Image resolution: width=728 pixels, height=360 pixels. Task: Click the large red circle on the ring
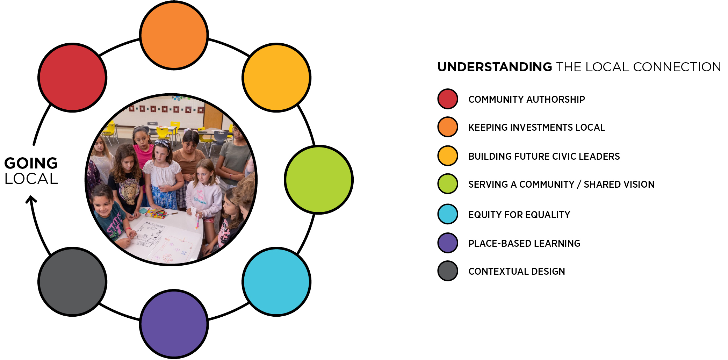pos(72,78)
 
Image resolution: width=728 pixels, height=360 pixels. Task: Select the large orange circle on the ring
pos(174,35)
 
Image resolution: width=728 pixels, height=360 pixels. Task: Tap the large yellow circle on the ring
pos(276,78)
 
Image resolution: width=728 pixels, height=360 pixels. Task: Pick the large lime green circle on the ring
pos(319,180)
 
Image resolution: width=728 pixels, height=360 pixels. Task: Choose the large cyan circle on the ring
pos(276,282)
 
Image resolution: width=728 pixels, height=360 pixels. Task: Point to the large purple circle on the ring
pos(174,324)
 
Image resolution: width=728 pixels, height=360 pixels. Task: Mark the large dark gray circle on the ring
pos(72,282)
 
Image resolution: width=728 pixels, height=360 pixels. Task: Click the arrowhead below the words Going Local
pos(31,199)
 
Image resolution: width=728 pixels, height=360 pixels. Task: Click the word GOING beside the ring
pos(31,163)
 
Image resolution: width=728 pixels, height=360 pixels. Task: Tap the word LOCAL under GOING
pos(31,179)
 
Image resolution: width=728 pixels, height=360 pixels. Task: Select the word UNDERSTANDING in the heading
pos(495,67)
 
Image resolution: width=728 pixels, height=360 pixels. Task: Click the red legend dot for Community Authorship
pos(448,99)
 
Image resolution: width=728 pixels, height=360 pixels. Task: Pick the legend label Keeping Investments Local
pos(536,127)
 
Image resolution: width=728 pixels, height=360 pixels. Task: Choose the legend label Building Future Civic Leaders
pos(544,156)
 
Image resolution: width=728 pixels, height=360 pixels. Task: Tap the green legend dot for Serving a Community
pos(448,183)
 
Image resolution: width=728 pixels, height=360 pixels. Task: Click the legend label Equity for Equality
pos(519,215)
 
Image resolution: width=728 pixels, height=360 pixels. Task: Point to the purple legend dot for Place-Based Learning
pos(448,243)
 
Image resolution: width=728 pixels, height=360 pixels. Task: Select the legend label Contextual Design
pos(517,271)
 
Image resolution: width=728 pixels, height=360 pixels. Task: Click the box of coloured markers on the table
pos(156,213)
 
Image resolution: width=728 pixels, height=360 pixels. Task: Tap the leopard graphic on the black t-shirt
pos(128,191)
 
